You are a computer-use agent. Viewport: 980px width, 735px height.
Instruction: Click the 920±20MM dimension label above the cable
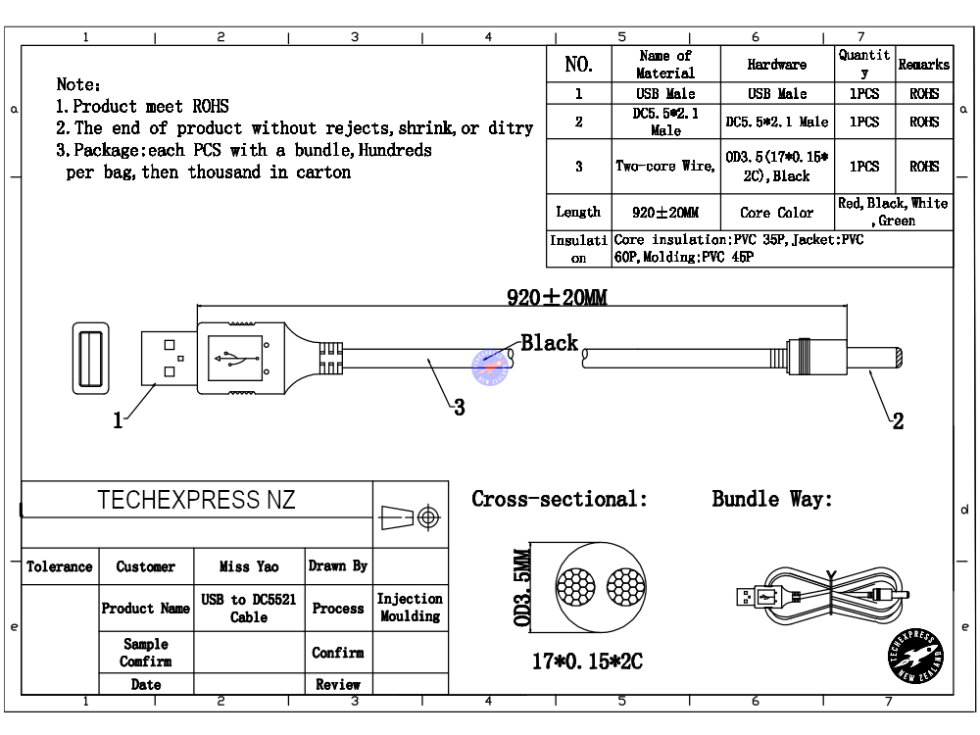click(558, 298)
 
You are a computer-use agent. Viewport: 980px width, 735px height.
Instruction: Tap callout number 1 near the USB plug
click(119, 421)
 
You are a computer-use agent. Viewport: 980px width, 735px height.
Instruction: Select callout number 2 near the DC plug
click(897, 422)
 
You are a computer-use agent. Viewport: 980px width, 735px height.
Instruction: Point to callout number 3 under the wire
click(458, 409)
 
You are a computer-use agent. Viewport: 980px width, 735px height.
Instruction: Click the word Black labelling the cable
click(549, 343)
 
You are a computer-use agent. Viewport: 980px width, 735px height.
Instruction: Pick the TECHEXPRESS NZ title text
click(196, 500)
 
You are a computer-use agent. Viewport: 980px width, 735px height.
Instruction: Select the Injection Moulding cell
click(410, 608)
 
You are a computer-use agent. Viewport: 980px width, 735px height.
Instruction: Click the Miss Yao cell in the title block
click(249, 566)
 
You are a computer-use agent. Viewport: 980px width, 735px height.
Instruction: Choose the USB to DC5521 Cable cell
click(249, 609)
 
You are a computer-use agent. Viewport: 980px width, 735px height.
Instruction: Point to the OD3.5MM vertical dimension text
click(522, 589)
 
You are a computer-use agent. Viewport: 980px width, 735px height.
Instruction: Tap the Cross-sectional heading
click(560, 499)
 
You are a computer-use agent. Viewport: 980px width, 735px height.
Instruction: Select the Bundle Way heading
click(772, 499)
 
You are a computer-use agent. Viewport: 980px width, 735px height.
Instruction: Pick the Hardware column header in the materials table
click(776, 65)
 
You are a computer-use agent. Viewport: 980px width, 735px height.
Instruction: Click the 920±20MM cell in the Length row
click(665, 213)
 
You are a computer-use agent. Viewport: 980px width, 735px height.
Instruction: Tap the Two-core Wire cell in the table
click(664, 167)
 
